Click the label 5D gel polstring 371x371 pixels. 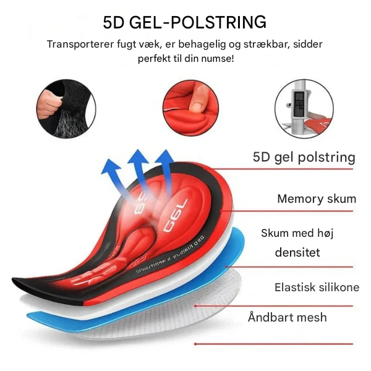click(304, 156)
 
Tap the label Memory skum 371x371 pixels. click(317, 198)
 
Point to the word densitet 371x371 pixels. click(297, 253)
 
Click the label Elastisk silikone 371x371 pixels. click(317, 288)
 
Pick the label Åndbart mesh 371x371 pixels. click(287, 318)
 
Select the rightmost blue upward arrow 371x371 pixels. click(164, 167)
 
